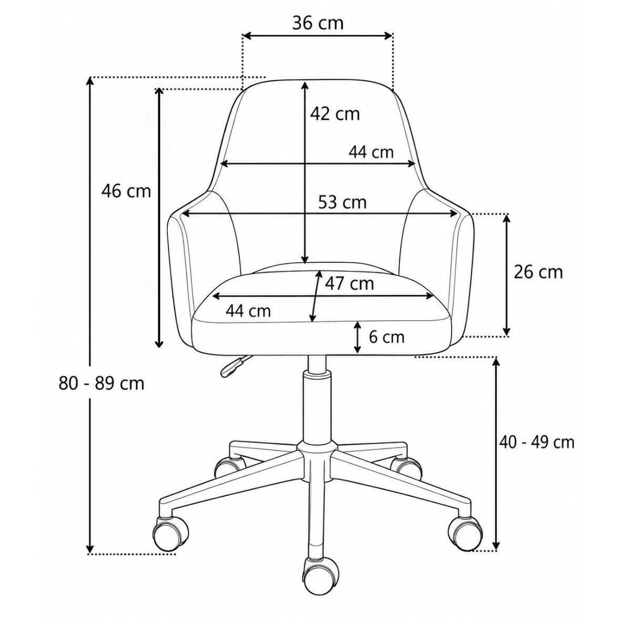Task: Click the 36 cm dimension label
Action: coord(318,23)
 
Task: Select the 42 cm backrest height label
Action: coord(334,114)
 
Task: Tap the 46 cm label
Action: coord(126,191)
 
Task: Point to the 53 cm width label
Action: coord(343,203)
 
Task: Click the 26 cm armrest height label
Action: coord(538,272)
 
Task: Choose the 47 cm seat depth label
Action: coord(349,283)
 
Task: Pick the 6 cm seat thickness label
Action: coord(386,337)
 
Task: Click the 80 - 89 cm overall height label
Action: coord(102,383)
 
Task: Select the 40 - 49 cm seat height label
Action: coord(537,442)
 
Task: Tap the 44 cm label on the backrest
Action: coord(371,152)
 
